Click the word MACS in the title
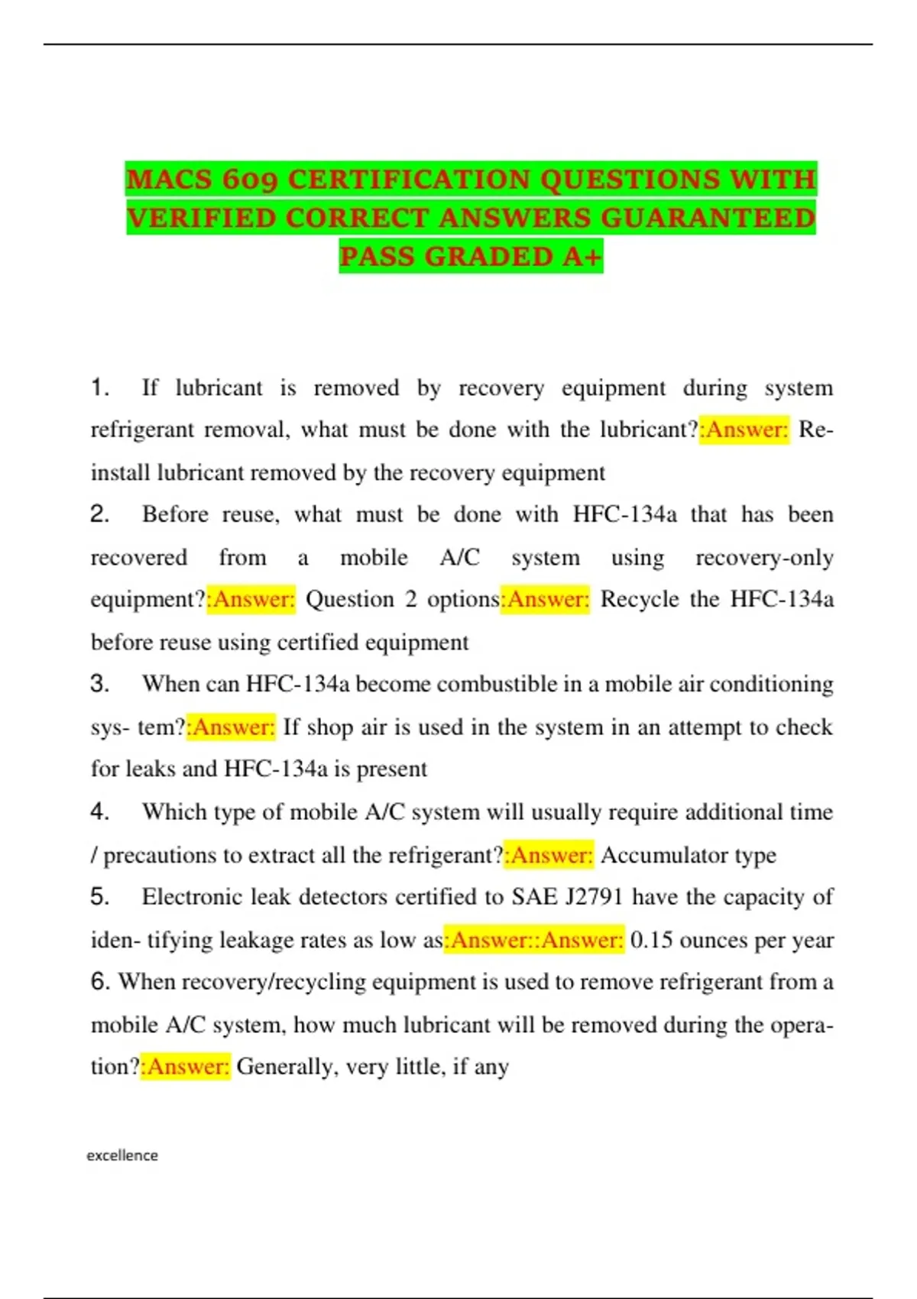click(x=169, y=180)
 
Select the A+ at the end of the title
click(x=582, y=257)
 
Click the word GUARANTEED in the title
click(x=708, y=219)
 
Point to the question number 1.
click(x=99, y=387)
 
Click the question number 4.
click(x=99, y=811)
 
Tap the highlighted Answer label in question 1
click(x=744, y=429)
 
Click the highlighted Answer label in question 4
click(x=549, y=855)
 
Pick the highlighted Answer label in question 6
click(x=186, y=1066)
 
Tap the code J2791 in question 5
click(x=594, y=896)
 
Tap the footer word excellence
click(x=122, y=1155)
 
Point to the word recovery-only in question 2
click(x=764, y=557)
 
